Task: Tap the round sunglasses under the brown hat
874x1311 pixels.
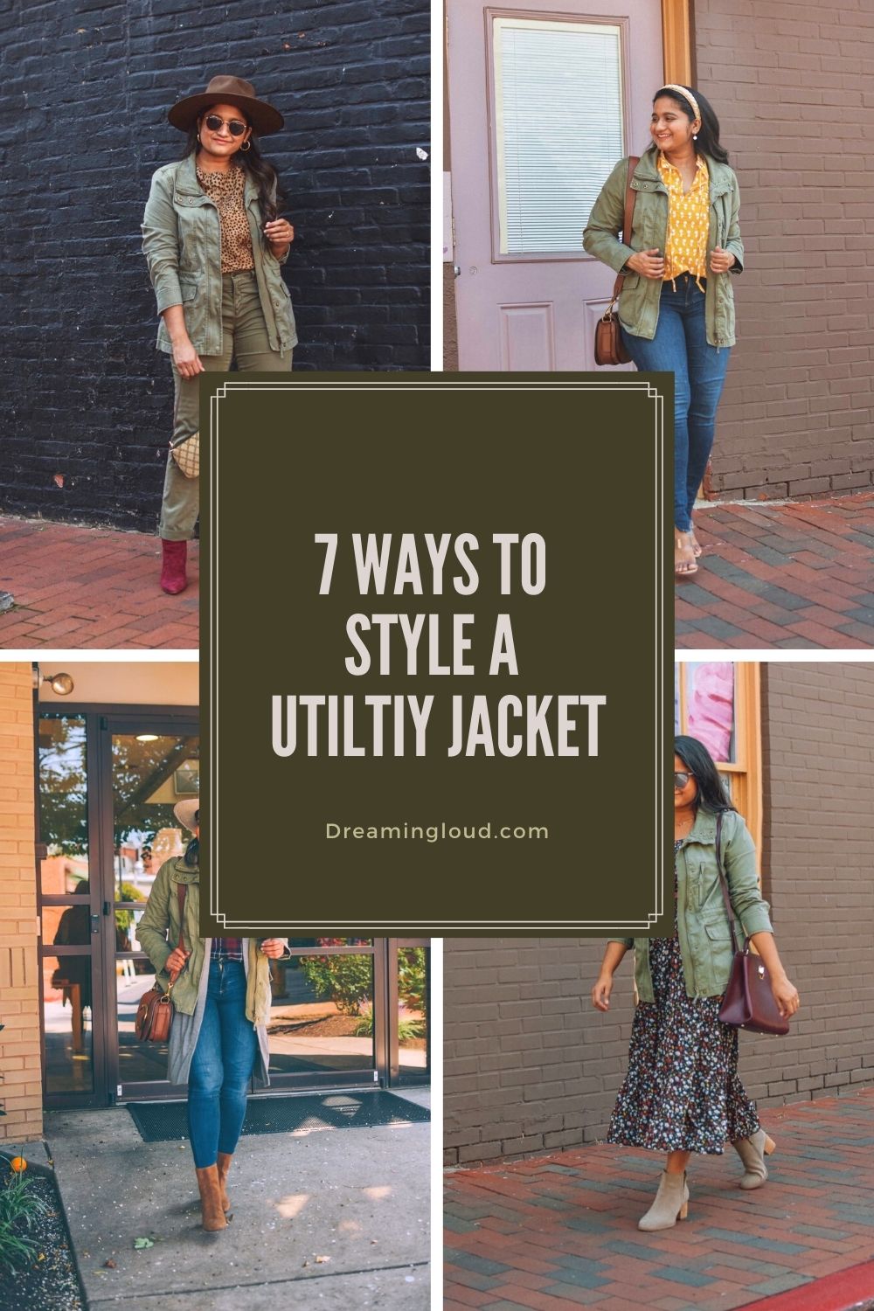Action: pos(225,125)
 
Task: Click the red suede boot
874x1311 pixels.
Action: pos(174,566)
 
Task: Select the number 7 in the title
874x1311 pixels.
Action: pos(329,564)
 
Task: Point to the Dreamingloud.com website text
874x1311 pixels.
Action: pos(437,832)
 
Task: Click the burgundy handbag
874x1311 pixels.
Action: pos(753,994)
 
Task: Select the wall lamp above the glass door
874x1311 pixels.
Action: pos(59,683)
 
